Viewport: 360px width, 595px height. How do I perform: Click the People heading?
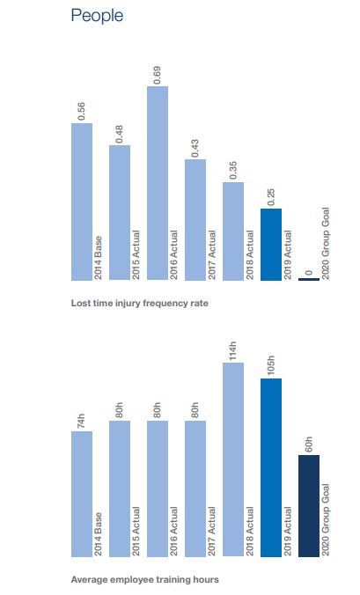97,16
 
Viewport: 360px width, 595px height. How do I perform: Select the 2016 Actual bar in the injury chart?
158,183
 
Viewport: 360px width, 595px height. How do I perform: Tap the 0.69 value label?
158,75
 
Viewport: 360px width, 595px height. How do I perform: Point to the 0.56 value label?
82,112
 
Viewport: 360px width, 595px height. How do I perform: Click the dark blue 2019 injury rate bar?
271,245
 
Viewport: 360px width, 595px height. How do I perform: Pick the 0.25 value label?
271,197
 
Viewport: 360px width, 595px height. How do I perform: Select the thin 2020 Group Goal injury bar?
309,280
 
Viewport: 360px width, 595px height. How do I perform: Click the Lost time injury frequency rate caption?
140,303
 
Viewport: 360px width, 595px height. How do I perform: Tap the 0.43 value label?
195,148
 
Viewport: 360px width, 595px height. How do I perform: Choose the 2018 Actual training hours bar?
233,459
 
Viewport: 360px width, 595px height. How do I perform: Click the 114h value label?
233,351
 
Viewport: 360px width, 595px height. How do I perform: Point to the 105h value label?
271,366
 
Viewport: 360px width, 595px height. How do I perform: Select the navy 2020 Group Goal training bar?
309,506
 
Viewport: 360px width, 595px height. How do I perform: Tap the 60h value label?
309,444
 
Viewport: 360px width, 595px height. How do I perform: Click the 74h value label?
82,422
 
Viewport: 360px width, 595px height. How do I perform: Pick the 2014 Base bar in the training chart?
82,494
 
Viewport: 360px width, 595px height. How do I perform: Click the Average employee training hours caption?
145,580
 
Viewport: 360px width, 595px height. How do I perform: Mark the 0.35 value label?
233,171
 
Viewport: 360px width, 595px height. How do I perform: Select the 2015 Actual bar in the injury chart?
120,213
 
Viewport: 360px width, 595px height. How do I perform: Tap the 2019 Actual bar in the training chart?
271,467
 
